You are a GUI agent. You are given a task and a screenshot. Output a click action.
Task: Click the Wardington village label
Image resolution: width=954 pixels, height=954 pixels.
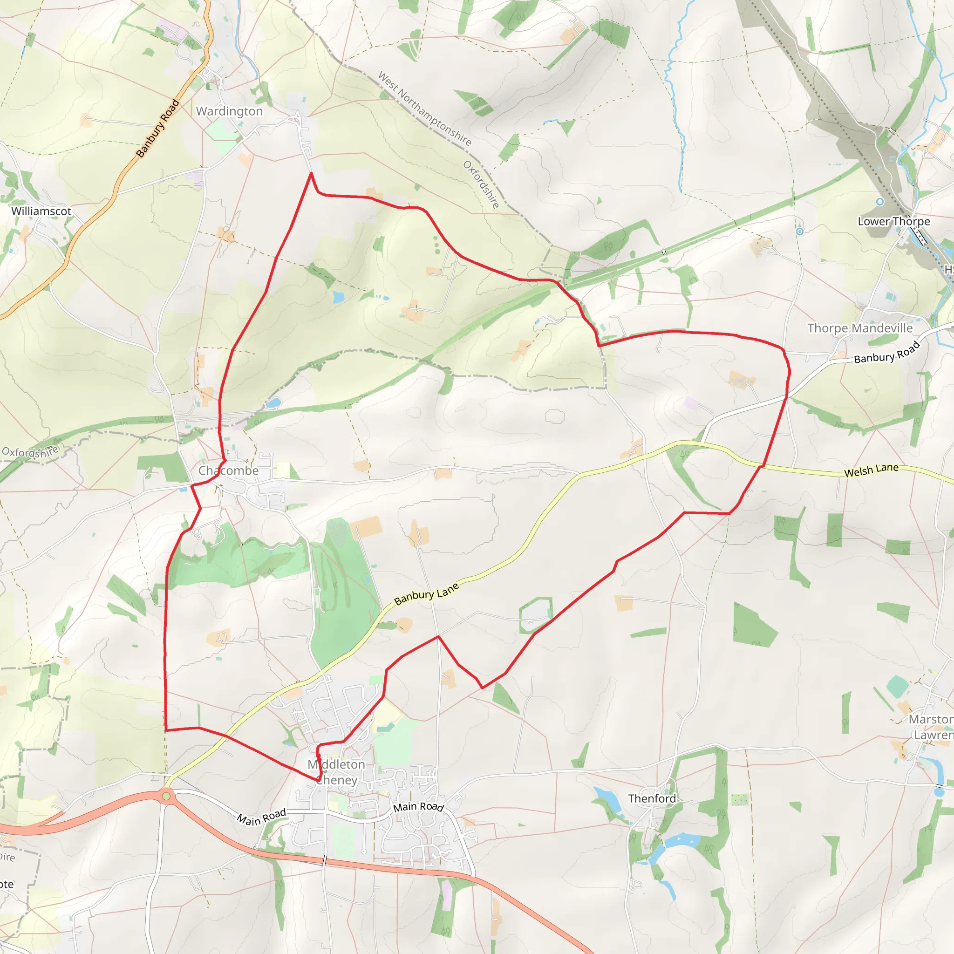pos(229,111)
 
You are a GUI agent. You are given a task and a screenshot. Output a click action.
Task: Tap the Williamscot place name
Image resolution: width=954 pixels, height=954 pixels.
pos(41,211)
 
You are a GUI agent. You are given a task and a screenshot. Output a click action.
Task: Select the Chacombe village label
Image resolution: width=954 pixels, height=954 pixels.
pos(228,470)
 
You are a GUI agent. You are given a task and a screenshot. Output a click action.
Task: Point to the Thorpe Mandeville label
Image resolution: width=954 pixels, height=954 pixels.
pos(860,328)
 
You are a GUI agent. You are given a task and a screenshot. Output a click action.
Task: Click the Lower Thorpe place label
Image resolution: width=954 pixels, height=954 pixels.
pos(893,221)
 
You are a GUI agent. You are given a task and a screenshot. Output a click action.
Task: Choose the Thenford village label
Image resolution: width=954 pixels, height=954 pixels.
pos(652,798)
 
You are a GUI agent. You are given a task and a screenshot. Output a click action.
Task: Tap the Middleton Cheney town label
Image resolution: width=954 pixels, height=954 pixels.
pos(336,772)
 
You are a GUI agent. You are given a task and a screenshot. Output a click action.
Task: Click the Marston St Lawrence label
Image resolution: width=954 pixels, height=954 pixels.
pos(931,727)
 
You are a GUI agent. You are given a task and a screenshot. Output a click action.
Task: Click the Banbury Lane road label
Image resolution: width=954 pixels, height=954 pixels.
pos(427,593)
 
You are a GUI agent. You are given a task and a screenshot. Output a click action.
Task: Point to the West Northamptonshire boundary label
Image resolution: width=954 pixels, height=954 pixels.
pos(425,108)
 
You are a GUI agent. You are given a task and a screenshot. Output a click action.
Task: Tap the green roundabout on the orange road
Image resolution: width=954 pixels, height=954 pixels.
pos(166,796)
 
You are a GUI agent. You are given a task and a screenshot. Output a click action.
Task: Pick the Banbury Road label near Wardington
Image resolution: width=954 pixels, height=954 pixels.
pos(157,129)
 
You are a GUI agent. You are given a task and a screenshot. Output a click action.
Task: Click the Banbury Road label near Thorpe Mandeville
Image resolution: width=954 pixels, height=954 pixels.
pos(887,352)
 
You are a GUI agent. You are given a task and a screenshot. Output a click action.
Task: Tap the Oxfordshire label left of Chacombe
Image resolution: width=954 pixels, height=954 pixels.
pos(30,451)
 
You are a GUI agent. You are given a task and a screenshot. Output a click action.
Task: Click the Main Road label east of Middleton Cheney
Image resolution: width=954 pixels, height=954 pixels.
pos(418,807)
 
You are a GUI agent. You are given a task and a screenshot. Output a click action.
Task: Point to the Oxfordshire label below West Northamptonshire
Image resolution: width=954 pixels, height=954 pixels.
pos(482,184)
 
